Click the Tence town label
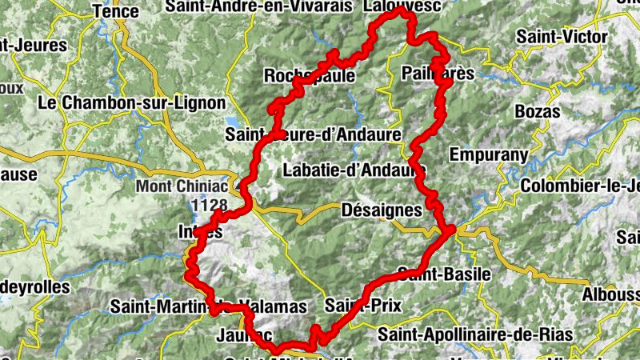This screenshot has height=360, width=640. pos(116,11)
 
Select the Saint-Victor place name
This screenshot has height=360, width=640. pos(562,37)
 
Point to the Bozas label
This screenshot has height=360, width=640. pos(538,111)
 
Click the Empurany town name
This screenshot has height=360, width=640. pos(490,154)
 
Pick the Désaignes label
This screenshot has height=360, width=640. pos(381,210)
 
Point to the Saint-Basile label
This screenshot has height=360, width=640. pos(444,274)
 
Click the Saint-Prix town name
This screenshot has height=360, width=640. pos(363,305)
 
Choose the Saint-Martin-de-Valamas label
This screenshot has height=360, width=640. pos(208,306)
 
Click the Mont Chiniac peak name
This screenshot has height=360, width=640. pos(181,187)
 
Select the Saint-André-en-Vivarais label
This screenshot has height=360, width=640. pos(258,6)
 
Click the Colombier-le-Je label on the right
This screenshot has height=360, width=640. pos(580,186)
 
